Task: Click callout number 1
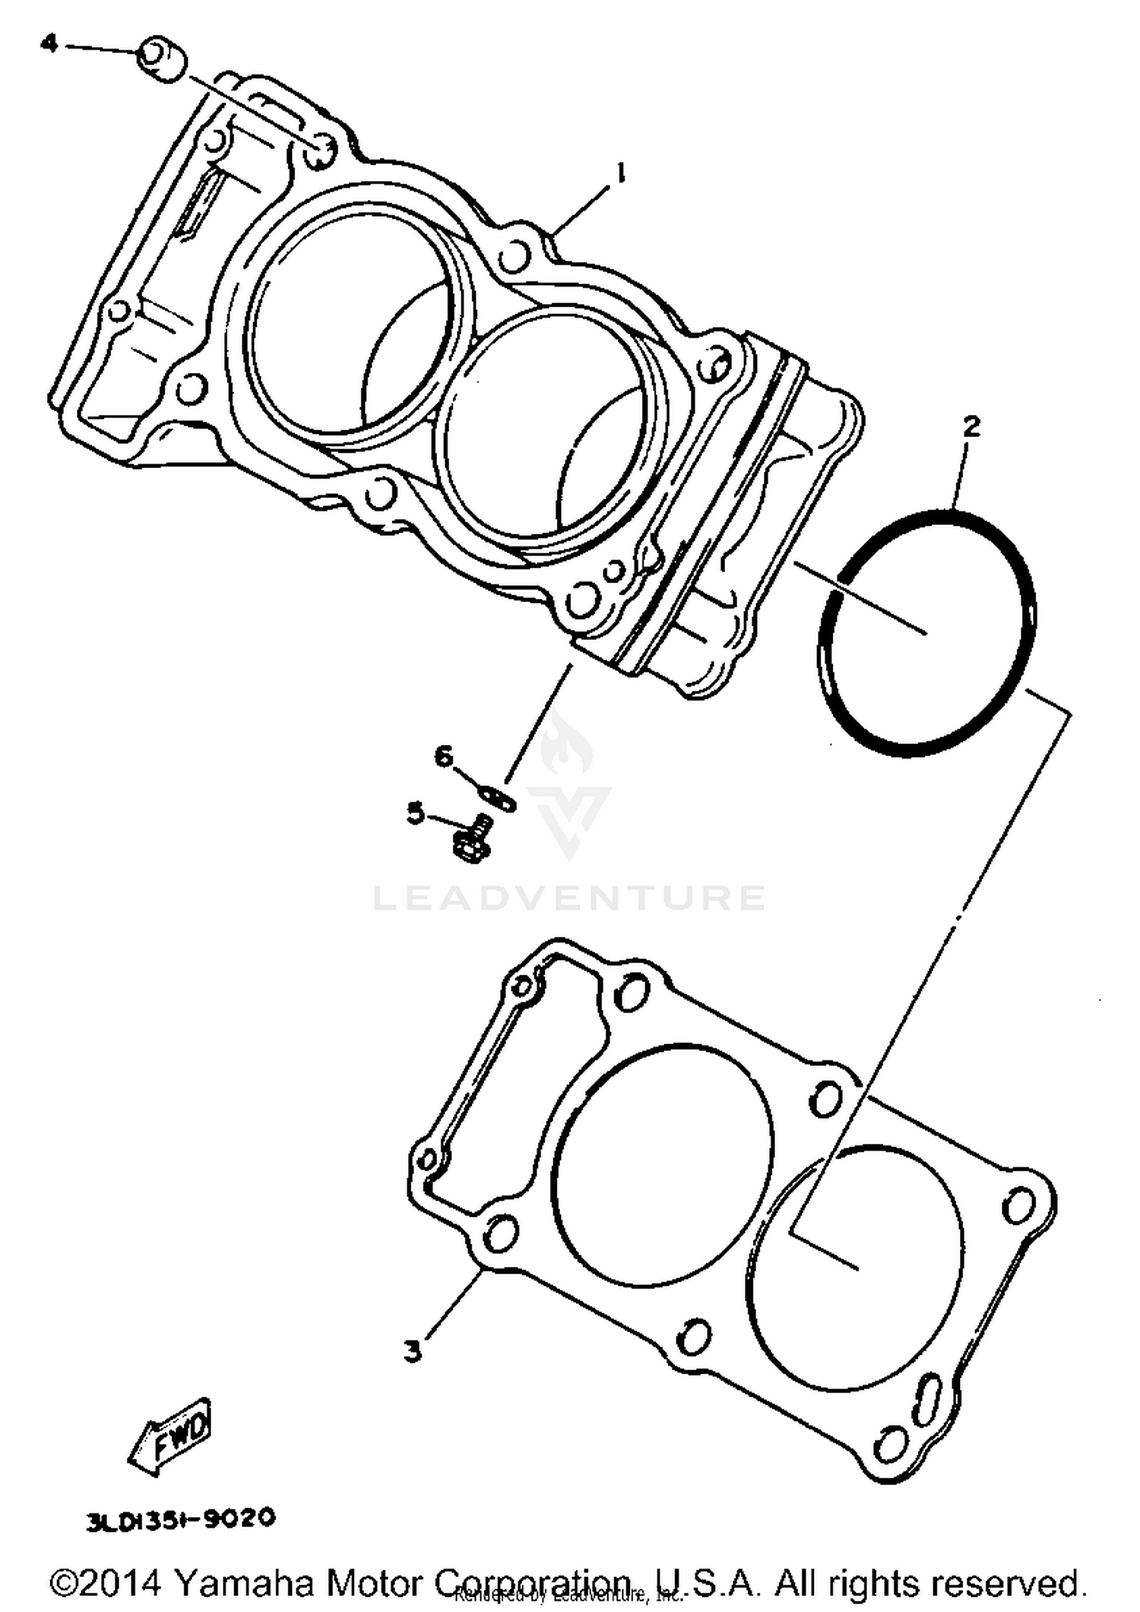[621, 176]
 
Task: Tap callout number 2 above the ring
[971, 428]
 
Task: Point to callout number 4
[49, 43]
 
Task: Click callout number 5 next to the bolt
[415, 814]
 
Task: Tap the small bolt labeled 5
[470, 838]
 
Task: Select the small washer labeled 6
[499, 796]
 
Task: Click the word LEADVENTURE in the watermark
[569, 898]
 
